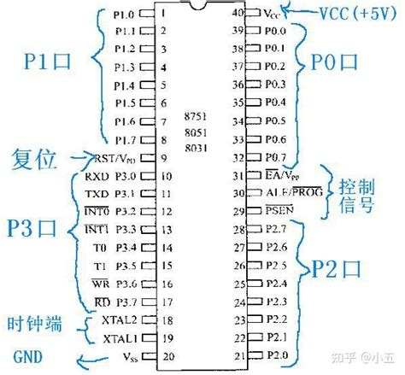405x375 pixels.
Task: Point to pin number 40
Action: coord(240,13)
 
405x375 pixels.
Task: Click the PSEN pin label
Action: coord(279,210)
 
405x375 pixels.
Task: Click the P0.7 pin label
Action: coord(275,157)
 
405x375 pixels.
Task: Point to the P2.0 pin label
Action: coord(275,354)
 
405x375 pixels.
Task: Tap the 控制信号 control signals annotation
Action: coord(355,194)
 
